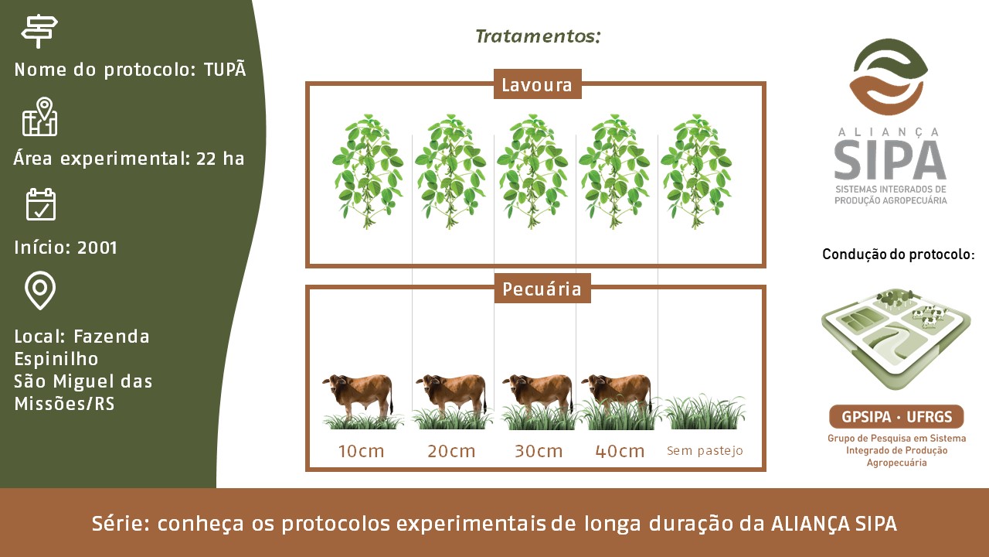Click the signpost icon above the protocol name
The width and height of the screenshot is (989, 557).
[39, 31]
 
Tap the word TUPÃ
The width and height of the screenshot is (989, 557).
[225, 69]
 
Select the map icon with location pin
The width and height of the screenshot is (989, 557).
[39, 116]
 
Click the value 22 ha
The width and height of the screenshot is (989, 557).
[220, 159]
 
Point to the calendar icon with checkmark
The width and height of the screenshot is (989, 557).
[41, 203]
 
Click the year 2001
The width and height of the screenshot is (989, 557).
[97, 248]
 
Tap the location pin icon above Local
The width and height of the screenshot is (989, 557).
[40, 290]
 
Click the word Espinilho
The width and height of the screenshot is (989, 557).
[56, 359]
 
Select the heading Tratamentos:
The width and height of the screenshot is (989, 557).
[538, 36]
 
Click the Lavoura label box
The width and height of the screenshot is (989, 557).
[537, 84]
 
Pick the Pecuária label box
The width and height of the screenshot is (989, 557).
[542, 289]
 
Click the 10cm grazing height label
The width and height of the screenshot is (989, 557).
[361, 451]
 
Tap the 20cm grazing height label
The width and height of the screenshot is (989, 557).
[451, 451]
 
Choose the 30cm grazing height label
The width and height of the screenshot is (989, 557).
[539, 451]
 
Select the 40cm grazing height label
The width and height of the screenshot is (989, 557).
[620, 451]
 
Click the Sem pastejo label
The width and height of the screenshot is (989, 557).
[705, 451]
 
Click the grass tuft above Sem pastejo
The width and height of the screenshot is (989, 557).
[705, 412]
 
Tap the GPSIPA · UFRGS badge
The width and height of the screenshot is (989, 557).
[896, 416]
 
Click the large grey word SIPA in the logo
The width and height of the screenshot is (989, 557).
[889, 159]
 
